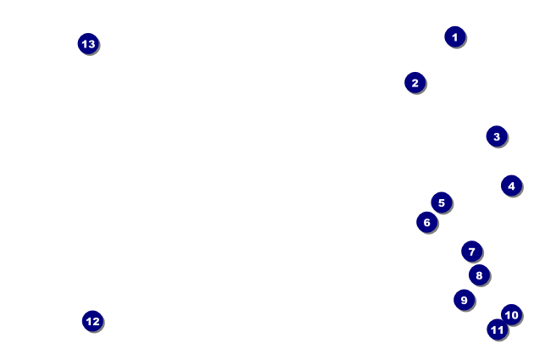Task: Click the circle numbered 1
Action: pyautogui.click(x=455, y=36)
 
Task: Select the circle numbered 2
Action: pyautogui.click(x=415, y=82)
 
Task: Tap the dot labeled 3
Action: pyautogui.click(x=497, y=136)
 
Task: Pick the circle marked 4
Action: pyautogui.click(x=511, y=186)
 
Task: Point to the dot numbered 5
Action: pyautogui.click(x=442, y=202)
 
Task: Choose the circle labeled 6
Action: pyautogui.click(x=427, y=222)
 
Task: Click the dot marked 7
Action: pyautogui.click(x=472, y=251)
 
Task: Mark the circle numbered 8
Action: pyautogui.click(x=479, y=275)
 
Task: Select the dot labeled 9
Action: pyautogui.click(x=465, y=300)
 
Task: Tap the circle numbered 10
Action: pyautogui.click(x=511, y=315)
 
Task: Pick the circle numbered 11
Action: pyautogui.click(x=498, y=330)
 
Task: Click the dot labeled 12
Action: pyautogui.click(x=92, y=321)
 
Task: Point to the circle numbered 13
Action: pyautogui.click(x=88, y=43)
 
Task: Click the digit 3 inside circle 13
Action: pyautogui.click(x=92, y=44)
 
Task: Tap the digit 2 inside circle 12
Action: pyautogui.click(x=96, y=321)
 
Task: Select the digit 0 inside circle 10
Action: pyautogui.click(x=515, y=315)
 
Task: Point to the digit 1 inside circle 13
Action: pyautogui.click(x=84, y=44)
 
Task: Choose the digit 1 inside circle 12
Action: pyautogui.click(x=89, y=321)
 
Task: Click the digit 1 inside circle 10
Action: pyautogui.click(x=508, y=315)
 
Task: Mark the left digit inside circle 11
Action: pyautogui.click(x=493, y=330)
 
